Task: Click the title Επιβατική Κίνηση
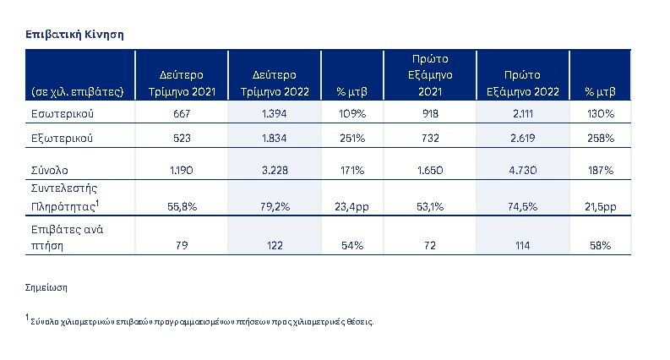pos(75,34)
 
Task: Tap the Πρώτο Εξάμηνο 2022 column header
pos(525,82)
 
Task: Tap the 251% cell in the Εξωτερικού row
pos(351,137)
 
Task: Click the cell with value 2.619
pos(525,137)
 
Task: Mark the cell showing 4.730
pos(525,170)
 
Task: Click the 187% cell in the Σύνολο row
pos(602,170)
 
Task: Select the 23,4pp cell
pos(351,205)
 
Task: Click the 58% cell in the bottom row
pos(602,244)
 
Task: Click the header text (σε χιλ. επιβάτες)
pos(78,90)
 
